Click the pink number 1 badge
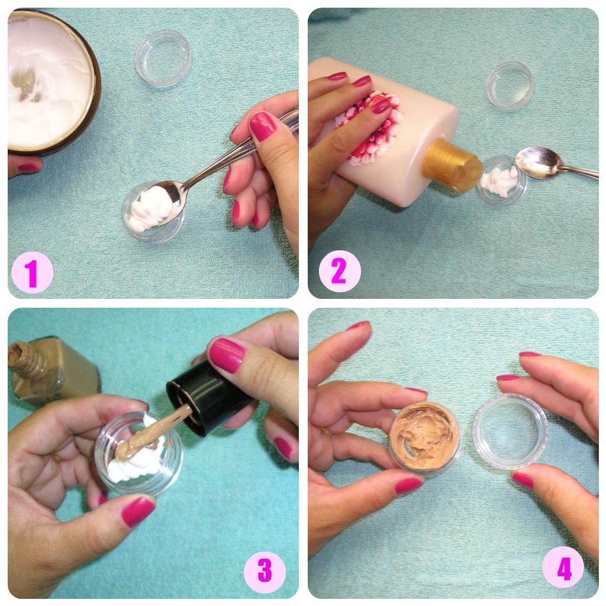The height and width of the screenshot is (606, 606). pyautogui.click(x=32, y=272)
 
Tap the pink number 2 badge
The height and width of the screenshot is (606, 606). pyautogui.click(x=339, y=271)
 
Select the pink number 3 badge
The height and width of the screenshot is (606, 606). pyautogui.click(x=265, y=571)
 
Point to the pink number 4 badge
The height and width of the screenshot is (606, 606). pyautogui.click(x=563, y=568)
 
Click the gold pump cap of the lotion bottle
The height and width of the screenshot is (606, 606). pyautogui.click(x=452, y=166)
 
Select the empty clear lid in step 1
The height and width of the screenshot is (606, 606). pyautogui.click(x=163, y=58)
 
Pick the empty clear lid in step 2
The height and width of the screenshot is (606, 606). pyautogui.click(x=510, y=85)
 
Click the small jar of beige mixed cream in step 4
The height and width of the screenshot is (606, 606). pyautogui.click(x=425, y=436)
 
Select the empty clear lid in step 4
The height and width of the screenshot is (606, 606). pyautogui.click(x=510, y=431)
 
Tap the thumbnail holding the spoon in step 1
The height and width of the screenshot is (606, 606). pyautogui.click(x=263, y=125)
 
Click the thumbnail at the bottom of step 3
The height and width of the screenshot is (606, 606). pyautogui.click(x=138, y=511)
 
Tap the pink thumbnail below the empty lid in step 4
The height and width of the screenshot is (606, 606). pyautogui.click(x=523, y=480)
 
